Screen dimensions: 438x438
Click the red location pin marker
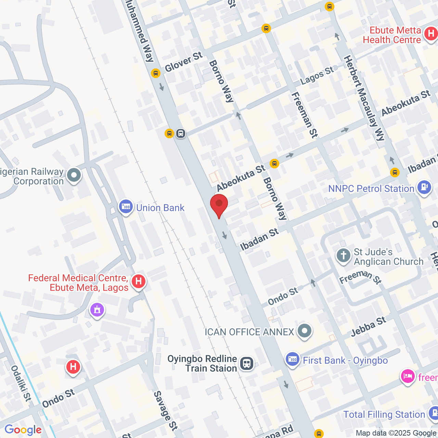tap(219, 204)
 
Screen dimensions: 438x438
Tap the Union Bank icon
tap(126, 207)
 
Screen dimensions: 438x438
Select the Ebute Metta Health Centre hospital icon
tap(431, 34)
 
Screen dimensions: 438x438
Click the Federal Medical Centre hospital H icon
tap(139, 282)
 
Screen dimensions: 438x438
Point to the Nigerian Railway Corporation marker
tap(74, 176)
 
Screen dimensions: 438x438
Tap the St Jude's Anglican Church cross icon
tap(344, 255)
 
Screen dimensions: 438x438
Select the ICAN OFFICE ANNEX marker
tap(304, 331)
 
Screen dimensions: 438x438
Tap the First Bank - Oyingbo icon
tap(293, 359)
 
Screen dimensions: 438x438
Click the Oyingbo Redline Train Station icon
tap(246, 363)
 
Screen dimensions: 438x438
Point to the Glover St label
tap(184, 62)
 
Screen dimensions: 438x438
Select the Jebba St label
tap(369, 327)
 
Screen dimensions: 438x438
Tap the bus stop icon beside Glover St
tap(155, 73)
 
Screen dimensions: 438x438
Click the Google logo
tap(23, 430)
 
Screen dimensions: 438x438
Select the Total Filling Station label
tap(384, 414)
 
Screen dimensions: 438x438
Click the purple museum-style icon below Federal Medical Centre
tap(97, 310)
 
